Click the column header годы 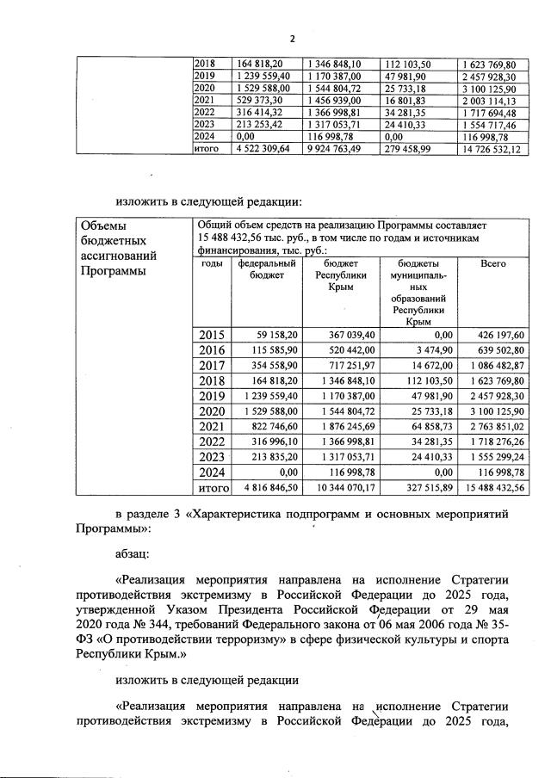coord(212,264)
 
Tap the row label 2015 coord(212,336)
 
